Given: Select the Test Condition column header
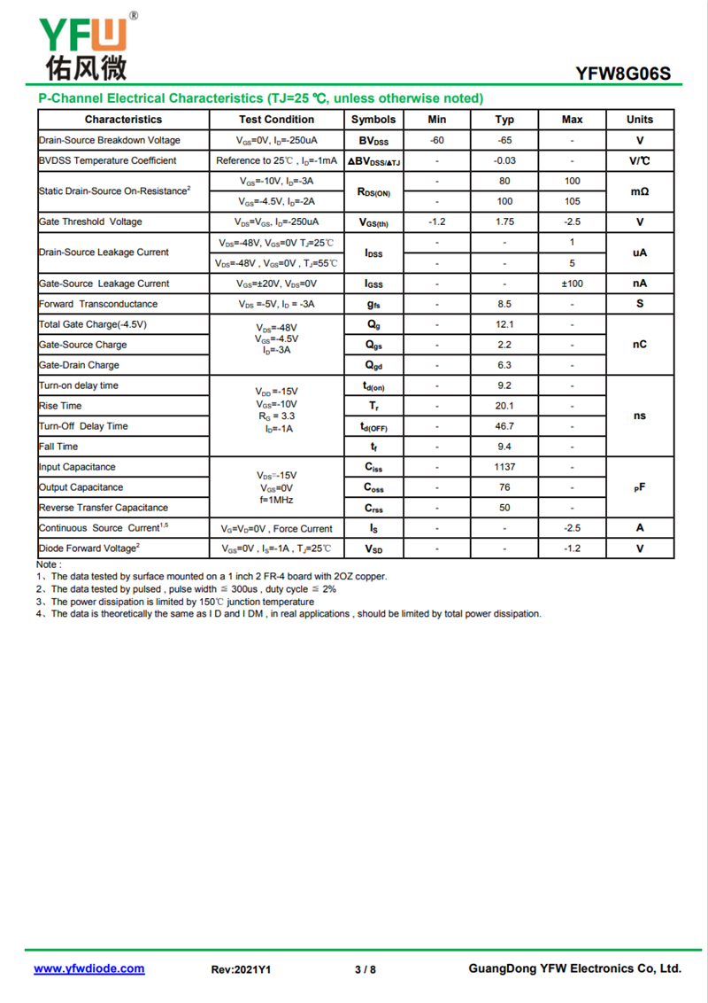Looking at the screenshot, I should click(x=276, y=120).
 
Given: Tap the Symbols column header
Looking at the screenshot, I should click(x=373, y=120).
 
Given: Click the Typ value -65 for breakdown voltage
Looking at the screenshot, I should click(x=504, y=140).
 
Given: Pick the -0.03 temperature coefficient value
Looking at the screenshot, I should click(x=504, y=160).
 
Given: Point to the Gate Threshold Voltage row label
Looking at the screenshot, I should click(x=90, y=222).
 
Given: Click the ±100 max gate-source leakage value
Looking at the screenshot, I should click(x=573, y=284).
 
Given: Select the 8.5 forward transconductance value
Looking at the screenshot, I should click(x=504, y=304).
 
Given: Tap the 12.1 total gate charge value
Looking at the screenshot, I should click(x=504, y=324).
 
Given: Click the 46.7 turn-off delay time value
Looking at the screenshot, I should click(x=504, y=426).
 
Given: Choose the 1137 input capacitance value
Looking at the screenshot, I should click(x=504, y=467).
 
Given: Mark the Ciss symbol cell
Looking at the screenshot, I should click(x=373, y=467).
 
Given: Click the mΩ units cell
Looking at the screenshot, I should click(x=640, y=190).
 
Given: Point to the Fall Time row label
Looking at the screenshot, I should click(x=58, y=447).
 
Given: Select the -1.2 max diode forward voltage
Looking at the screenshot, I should click(x=573, y=548).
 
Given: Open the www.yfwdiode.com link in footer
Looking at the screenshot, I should click(x=89, y=968).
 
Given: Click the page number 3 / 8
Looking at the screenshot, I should click(x=366, y=969).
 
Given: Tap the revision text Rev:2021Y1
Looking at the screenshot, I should click(x=241, y=969).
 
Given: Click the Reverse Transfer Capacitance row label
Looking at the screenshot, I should click(x=104, y=508).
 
